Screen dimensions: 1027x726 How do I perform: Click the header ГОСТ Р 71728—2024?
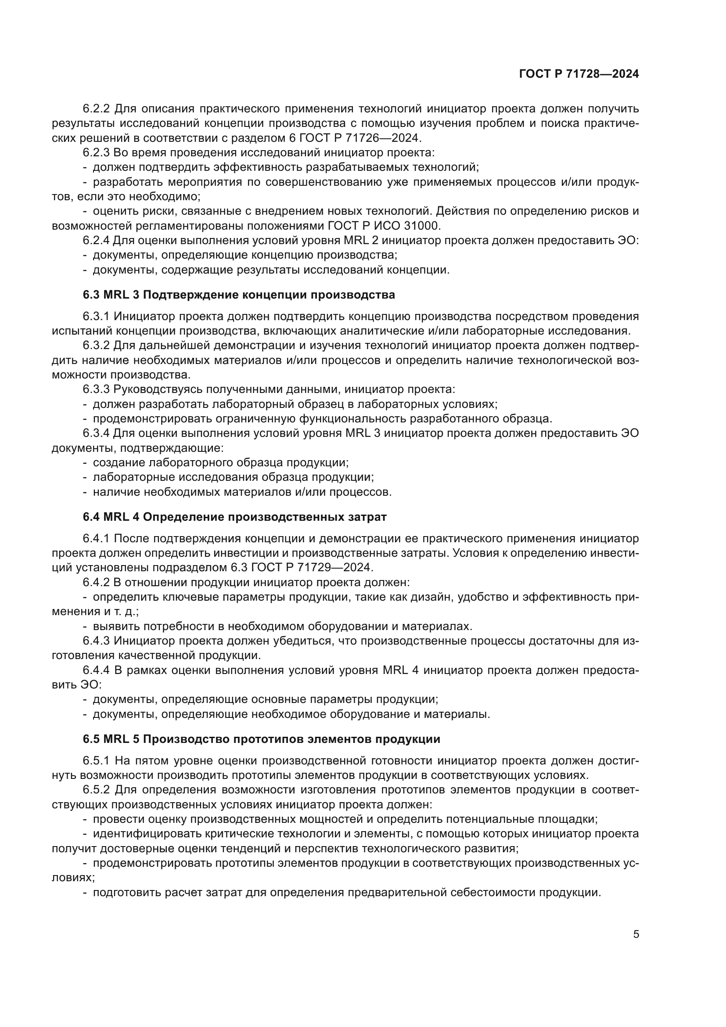(x=579, y=74)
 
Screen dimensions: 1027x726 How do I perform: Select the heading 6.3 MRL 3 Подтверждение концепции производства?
(x=239, y=295)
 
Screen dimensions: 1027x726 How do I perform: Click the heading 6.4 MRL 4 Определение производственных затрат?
(x=234, y=517)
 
